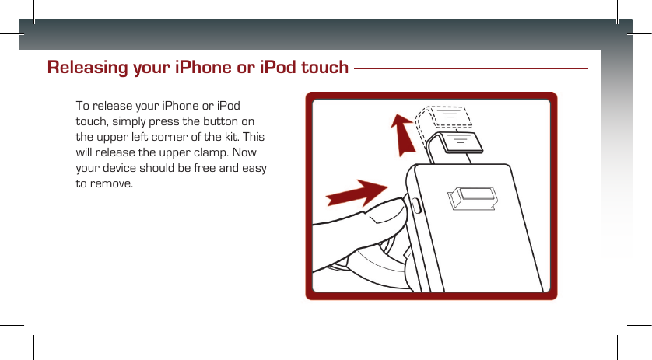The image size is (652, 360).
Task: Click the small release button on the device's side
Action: point(414,208)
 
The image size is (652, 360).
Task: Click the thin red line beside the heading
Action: point(471,68)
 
